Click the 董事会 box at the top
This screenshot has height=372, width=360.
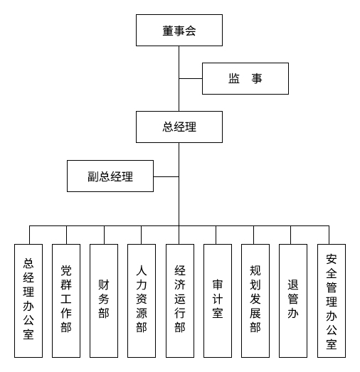179,31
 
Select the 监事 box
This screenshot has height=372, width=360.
245,78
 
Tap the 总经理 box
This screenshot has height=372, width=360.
179,127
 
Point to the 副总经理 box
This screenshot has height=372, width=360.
110,176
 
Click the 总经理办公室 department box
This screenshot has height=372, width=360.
28,300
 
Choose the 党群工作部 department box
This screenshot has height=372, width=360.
66,300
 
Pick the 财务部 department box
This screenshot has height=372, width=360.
104,300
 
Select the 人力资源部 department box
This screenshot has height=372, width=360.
142,300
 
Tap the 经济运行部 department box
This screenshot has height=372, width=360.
179,300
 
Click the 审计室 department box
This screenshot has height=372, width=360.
217,300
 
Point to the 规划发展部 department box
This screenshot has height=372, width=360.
255,300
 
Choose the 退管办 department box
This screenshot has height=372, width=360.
292,300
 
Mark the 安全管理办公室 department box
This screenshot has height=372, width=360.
331,300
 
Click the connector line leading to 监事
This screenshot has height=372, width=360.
191,78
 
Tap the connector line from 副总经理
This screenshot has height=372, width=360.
166,176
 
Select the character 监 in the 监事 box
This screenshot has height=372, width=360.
234,78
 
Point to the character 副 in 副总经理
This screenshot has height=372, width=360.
93,176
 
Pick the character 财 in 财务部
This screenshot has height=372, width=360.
104,286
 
